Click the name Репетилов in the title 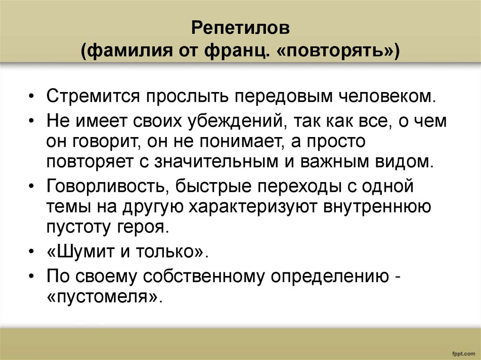coord(240,29)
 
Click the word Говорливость coord(109,186)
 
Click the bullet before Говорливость coord(31,187)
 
